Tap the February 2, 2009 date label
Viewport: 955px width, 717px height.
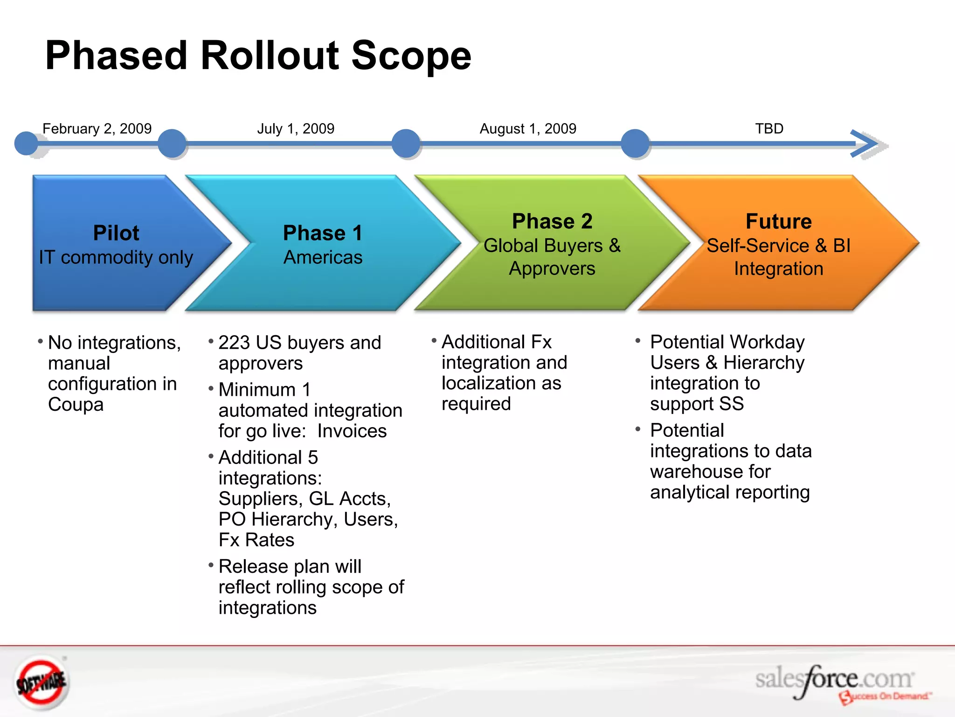[x=97, y=128]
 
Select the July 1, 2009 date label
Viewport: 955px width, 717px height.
[x=296, y=128]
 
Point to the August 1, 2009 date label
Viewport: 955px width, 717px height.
[x=528, y=128]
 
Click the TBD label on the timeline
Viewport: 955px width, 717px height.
[x=769, y=128]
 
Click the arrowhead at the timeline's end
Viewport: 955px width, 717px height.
[x=866, y=144]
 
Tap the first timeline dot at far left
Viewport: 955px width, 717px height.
[x=26, y=143]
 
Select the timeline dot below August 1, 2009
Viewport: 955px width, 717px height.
[x=635, y=143]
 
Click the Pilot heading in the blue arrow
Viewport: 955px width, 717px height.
[x=116, y=233]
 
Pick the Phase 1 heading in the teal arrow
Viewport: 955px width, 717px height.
[x=323, y=233]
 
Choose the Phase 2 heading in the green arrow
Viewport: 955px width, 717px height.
[x=552, y=221]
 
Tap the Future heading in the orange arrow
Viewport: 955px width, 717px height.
[x=778, y=221]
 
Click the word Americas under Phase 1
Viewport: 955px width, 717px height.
[x=323, y=257]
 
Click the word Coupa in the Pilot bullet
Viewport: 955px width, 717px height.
[x=76, y=404]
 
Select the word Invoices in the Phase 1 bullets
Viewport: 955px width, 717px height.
[x=352, y=431]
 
